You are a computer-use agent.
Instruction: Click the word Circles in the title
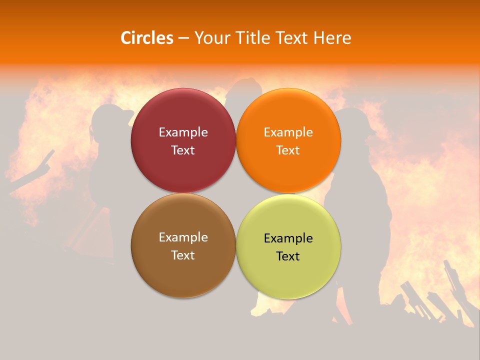146,38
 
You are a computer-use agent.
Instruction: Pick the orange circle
288,112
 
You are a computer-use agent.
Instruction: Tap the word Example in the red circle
183,132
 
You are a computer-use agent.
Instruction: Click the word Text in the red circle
183,150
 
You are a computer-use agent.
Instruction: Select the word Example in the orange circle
288,132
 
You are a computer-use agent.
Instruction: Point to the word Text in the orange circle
288,150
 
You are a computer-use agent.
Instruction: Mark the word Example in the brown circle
183,237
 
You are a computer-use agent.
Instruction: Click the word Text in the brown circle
183,255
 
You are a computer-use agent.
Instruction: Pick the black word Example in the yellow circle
288,238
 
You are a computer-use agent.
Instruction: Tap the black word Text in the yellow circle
288,256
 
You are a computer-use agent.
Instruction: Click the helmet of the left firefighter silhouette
107,116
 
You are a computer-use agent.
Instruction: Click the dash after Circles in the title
183,38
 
